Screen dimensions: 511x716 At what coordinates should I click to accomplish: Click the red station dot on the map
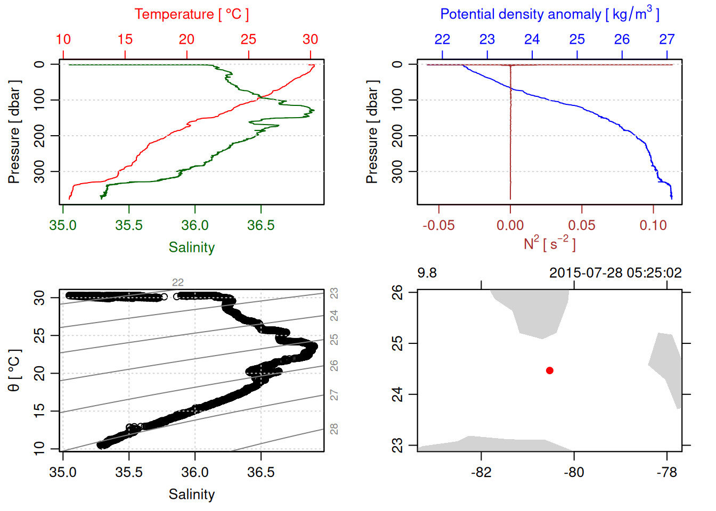[549, 370]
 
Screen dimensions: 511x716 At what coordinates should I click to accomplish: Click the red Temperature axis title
[191, 14]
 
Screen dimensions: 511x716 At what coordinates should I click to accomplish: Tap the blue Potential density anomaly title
[549, 14]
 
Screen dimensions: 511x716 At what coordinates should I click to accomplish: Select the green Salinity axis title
[191, 248]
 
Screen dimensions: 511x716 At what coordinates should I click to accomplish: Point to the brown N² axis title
[549, 244]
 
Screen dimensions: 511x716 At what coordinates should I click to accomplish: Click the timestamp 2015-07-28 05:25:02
[615, 273]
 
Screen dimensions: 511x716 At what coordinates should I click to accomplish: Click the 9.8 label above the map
[427, 273]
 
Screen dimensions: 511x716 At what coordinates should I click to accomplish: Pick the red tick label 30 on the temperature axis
[310, 39]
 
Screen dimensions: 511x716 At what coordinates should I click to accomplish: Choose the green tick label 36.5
[261, 226]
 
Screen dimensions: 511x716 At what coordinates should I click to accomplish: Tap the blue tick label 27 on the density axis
[667, 39]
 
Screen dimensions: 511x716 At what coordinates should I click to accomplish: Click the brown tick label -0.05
[438, 226]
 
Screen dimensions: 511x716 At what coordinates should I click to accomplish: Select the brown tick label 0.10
[653, 226]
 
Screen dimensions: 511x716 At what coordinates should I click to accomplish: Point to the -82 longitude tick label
[481, 472]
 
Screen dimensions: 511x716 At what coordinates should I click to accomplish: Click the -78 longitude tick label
[667, 472]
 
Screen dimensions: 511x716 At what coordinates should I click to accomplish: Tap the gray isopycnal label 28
[334, 428]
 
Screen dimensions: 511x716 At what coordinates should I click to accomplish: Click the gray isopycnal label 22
[177, 283]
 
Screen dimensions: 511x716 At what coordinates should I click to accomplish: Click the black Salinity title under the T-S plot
[191, 494]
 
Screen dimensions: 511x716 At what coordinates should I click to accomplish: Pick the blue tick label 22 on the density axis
[442, 39]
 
